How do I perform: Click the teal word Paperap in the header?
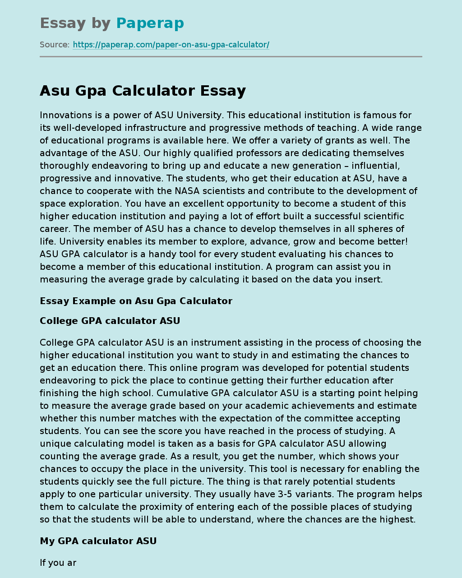150,23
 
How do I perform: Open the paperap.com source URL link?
171,45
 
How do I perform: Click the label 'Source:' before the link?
55,45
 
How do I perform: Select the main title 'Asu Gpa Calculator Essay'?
143,91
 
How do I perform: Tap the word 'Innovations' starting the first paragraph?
64,115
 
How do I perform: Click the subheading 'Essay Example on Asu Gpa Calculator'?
136,301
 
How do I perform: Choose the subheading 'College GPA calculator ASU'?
110,321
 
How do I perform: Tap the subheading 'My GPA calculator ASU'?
98,541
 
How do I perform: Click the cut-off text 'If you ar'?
58,563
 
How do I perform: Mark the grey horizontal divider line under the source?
231,57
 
